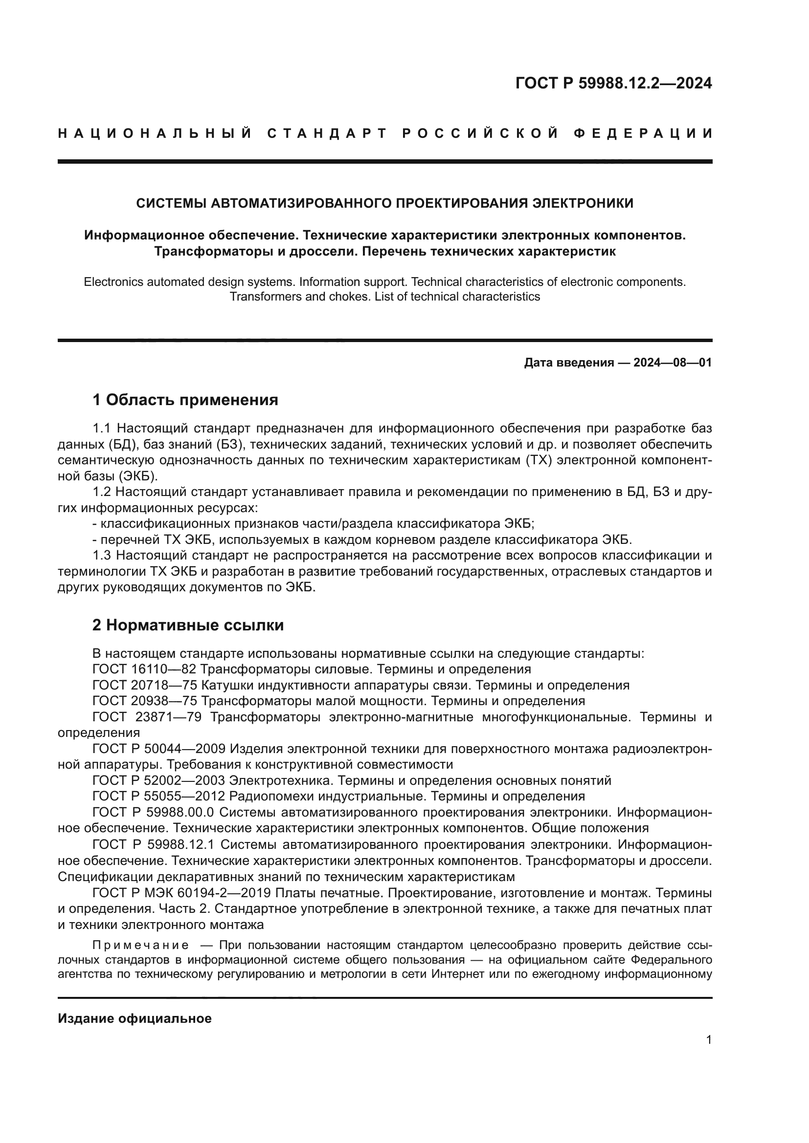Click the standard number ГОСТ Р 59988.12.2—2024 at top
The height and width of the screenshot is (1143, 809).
pos(613,83)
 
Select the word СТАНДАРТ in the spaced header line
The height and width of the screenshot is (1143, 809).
pos(327,133)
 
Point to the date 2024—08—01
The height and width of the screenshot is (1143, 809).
pos(673,363)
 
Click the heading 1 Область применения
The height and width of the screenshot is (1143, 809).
pos(185,400)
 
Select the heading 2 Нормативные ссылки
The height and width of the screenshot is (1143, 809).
pos(188,625)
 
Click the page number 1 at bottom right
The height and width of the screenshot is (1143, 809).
pos(709,1040)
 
